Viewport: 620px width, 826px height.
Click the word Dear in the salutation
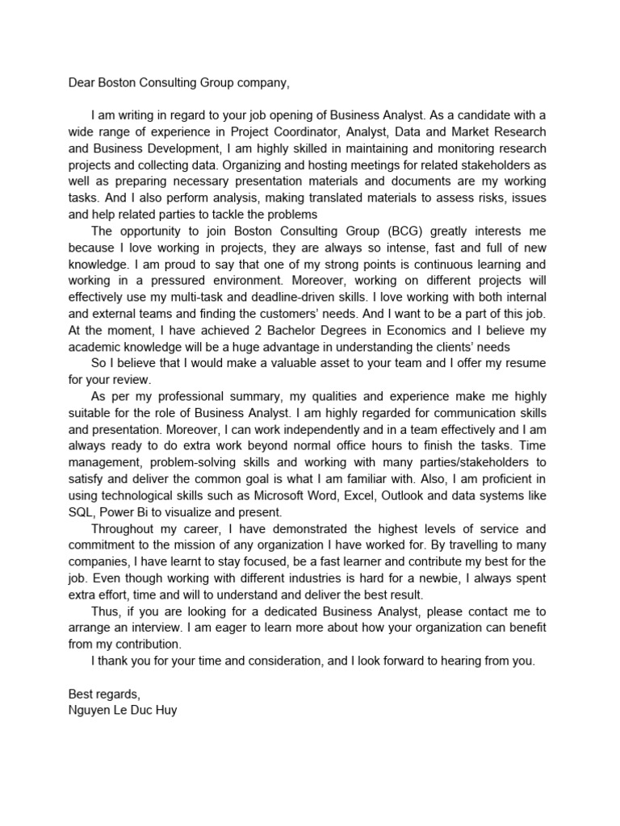tap(81, 83)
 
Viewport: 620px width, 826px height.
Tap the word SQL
tap(78, 511)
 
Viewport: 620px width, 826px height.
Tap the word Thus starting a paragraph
tap(104, 611)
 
